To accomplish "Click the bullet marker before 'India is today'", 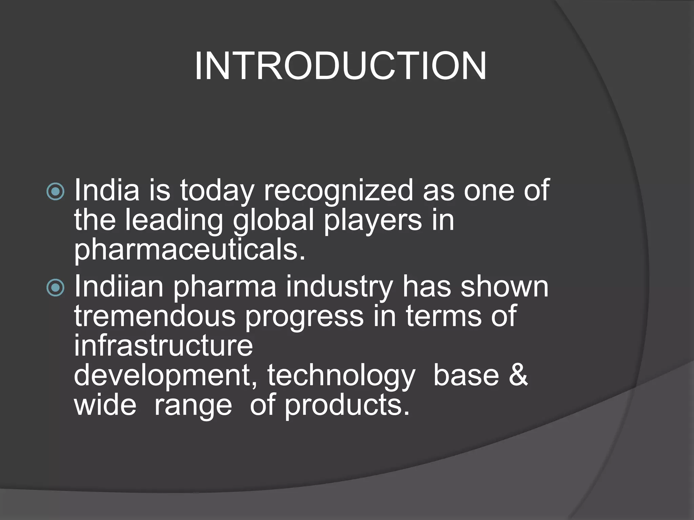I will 55,192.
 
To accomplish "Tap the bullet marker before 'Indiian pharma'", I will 55,288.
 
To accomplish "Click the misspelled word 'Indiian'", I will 119,286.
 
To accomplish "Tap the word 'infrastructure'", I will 163,345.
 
